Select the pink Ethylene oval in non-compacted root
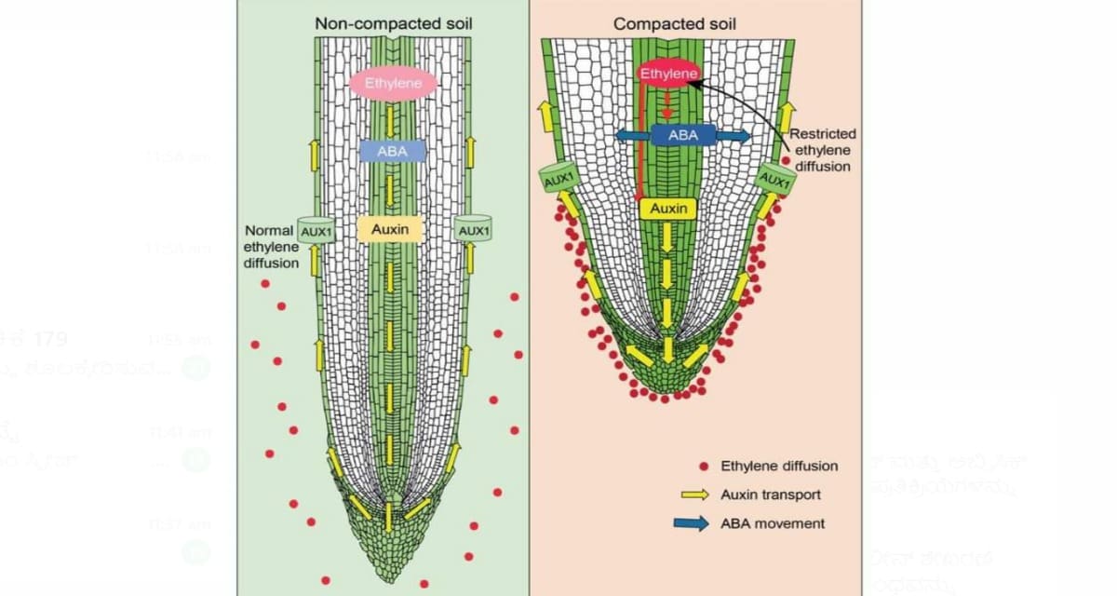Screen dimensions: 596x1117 pos(394,84)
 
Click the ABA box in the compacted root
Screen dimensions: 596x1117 pos(682,136)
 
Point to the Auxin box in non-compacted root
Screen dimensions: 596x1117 pos(391,228)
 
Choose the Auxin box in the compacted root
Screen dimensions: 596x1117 pos(668,210)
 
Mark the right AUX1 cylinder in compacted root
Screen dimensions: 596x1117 pos(774,178)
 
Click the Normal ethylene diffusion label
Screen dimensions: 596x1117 pos(270,247)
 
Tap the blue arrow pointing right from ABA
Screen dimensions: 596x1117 pos(733,136)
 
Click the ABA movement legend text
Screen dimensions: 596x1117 pos(773,523)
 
